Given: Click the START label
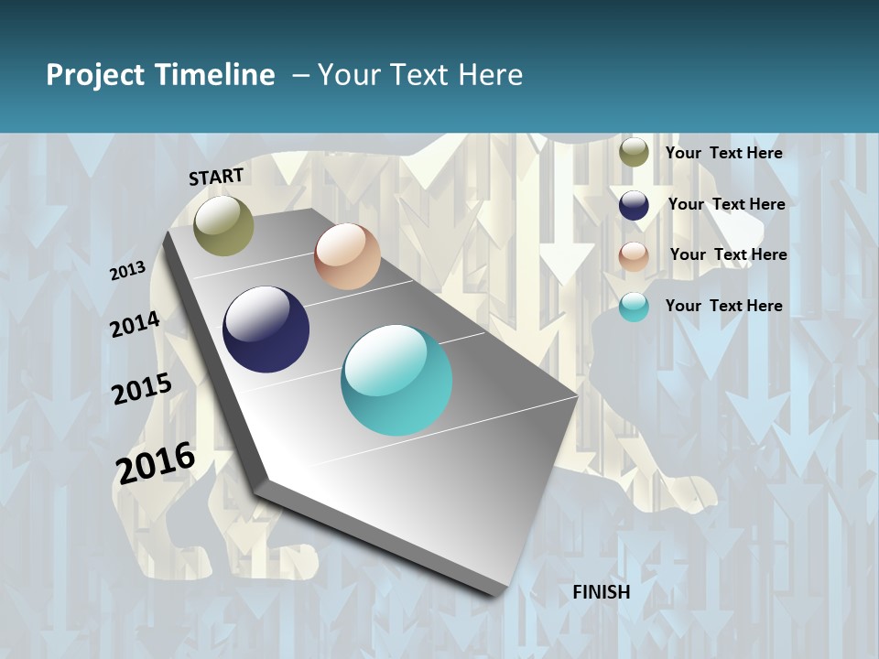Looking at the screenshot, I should point(216,177).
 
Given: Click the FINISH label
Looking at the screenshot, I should point(602,592).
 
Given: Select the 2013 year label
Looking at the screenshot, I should point(127,271).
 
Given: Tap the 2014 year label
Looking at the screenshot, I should point(135,324).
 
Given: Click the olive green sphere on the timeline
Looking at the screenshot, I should point(224,225).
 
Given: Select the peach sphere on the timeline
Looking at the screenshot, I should point(347,256).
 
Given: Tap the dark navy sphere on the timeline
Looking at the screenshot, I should point(266,329).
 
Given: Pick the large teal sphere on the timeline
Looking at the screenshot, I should point(396,380).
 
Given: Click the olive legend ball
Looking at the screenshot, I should point(634,152).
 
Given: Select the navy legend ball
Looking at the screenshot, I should point(634,205).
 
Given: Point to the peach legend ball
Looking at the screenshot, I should point(634,256).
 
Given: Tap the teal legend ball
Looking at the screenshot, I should point(634,307).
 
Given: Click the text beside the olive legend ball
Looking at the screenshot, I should point(723,153).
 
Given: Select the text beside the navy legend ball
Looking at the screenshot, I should point(726,204).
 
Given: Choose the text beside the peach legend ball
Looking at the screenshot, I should point(728,254).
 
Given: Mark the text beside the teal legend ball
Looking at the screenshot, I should point(723,306).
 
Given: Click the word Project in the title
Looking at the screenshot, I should point(94,75).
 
